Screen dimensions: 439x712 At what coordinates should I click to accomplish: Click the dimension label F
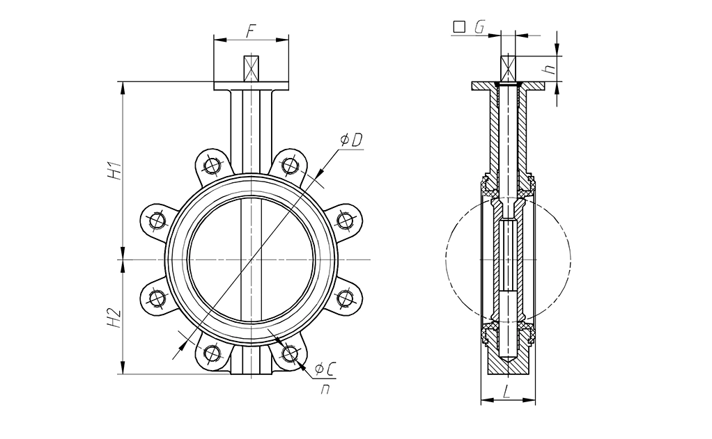(x=251, y=30)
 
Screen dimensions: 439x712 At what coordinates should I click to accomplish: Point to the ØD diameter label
(x=351, y=141)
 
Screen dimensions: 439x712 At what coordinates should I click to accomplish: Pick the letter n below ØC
(x=325, y=390)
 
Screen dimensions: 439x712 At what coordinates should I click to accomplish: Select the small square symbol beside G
(x=459, y=27)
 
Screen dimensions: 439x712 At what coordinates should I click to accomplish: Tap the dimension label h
(x=550, y=68)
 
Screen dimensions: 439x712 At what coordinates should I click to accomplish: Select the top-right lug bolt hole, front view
(x=289, y=165)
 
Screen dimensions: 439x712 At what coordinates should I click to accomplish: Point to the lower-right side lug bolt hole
(x=343, y=298)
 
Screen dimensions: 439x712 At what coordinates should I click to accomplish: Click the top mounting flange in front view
(x=251, y=86)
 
